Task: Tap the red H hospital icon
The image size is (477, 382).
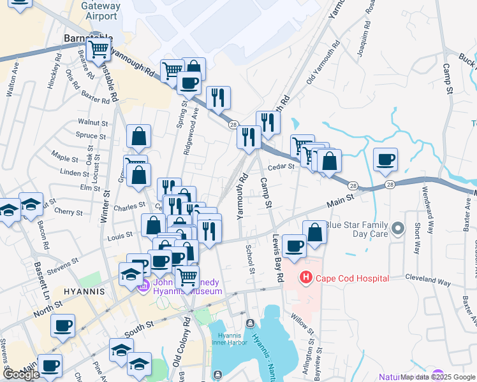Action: [306, 278]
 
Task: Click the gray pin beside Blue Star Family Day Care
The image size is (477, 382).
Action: [399, 228]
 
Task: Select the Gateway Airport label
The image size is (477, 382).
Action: [101, 10]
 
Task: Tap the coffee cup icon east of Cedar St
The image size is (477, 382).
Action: [385, 159]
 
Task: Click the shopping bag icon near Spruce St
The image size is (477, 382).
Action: [138, 136]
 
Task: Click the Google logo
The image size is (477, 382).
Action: [22, 374]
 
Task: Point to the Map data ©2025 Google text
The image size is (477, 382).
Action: [437, 377]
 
